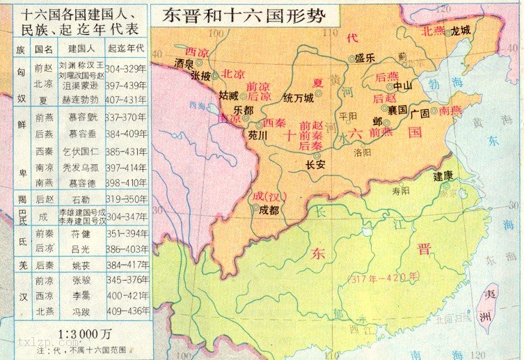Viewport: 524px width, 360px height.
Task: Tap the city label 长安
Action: click(315, 165)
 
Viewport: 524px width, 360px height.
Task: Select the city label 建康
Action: click(444, 175)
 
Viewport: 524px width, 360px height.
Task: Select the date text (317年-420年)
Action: click(382, 277)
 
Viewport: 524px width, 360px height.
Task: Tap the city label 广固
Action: click(419, 111)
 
